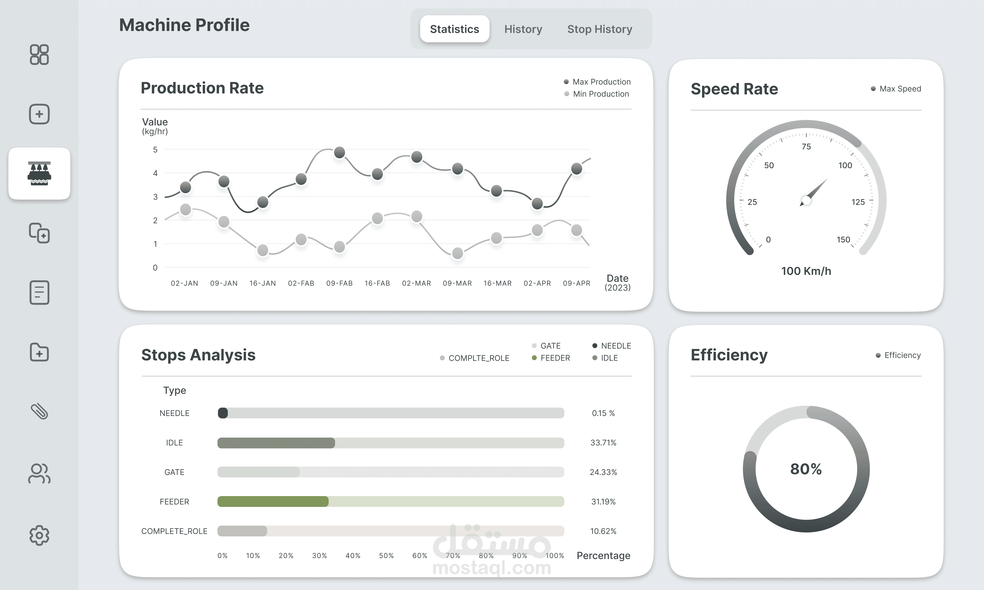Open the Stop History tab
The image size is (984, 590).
(600, 29)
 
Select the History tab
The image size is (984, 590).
(523, 29)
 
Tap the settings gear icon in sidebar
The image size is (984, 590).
(39, 535)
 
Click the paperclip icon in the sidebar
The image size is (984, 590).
(39, 412)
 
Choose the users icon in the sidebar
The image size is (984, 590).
(39, 473)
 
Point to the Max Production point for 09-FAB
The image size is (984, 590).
(339, 152)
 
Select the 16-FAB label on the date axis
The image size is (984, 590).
(377, 283)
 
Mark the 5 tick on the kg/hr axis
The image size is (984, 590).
(155, 149)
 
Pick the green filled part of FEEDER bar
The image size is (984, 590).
(273, 501)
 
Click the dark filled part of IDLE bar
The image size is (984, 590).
(276, 442)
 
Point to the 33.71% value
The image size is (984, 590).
(603, 442)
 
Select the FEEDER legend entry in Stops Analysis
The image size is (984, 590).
(551, 358)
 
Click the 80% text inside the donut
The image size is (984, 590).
(806, 469)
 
